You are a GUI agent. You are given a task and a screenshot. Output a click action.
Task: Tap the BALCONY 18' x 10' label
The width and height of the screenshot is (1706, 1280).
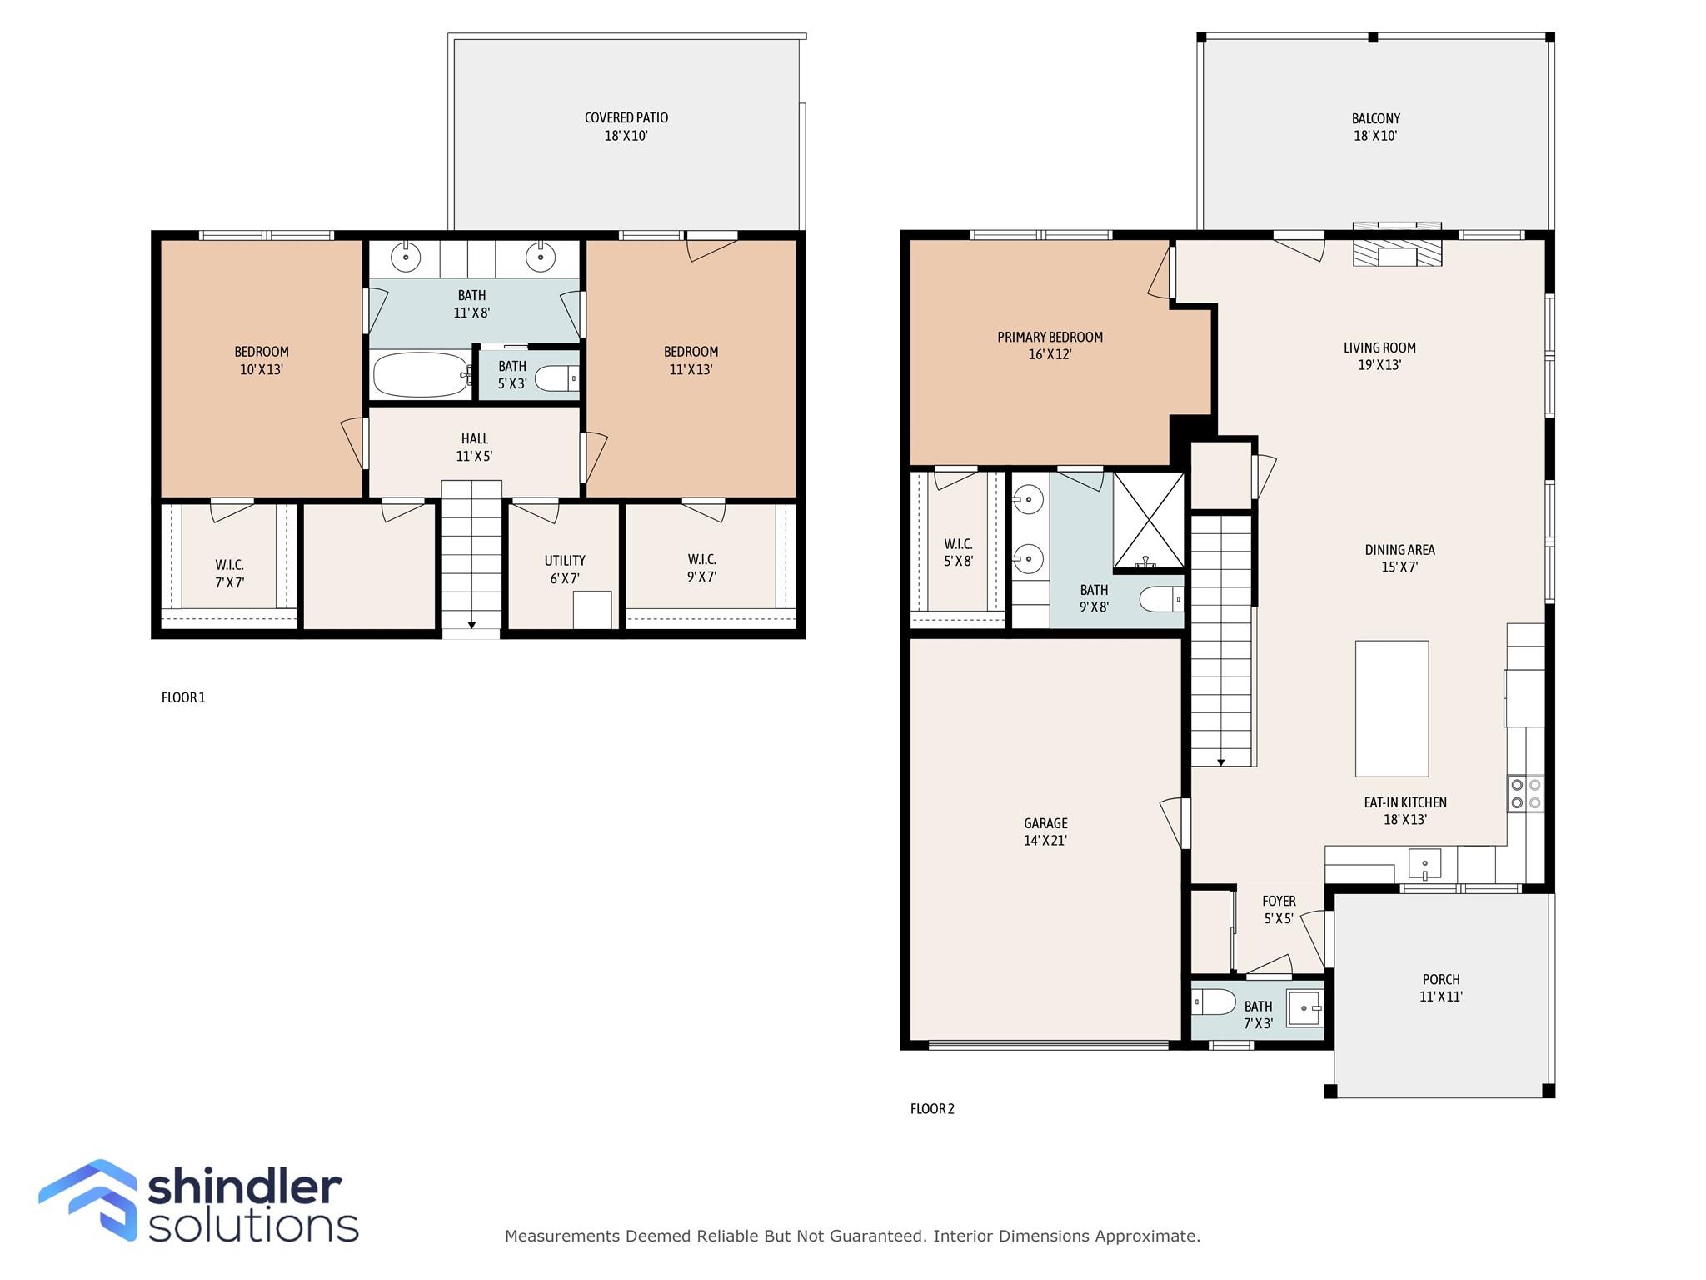tap(1375, 127)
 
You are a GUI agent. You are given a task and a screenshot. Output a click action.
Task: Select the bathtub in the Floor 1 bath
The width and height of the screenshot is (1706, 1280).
tap(421, 375)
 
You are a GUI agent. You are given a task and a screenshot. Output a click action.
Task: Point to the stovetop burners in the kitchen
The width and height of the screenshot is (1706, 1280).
tap(1525, 793)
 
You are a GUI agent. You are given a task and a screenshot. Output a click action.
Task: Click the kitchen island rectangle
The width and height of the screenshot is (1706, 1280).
tap(1391, 708)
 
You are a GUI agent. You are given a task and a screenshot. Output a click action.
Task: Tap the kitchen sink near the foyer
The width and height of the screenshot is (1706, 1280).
tap(1424, 863)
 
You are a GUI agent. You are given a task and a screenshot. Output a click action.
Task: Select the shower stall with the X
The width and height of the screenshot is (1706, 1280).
tap(1149, 520)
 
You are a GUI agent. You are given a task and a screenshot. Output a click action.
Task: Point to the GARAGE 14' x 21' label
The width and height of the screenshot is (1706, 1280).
tap(1045, 832)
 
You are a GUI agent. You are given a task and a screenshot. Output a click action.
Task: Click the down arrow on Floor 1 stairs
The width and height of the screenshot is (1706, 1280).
tap(471, 624)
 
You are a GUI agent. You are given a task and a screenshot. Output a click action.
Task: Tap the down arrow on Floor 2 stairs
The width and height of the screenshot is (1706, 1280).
tap(1221, 762)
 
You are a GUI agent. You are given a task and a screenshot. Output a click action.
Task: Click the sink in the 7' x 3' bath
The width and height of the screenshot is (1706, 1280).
tap(1304, 1008)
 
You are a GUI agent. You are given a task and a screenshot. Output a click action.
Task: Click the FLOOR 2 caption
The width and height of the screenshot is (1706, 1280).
tap(932, 1108)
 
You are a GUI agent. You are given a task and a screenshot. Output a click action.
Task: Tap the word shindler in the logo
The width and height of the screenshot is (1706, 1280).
tap(244, 1187)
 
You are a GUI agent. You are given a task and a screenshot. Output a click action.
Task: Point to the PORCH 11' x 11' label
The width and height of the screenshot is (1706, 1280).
tap(1441, 987)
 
